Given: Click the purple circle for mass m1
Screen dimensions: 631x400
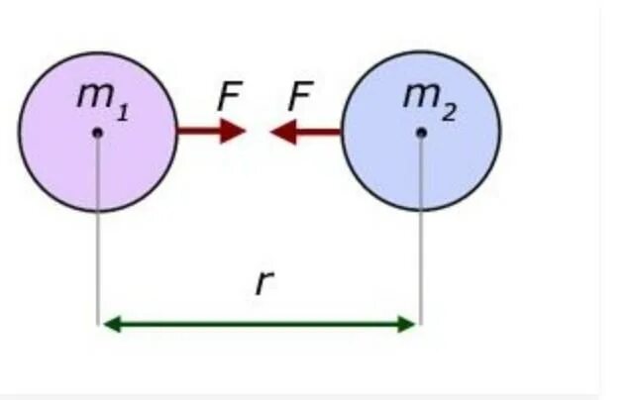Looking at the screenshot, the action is click(x=69, y=163).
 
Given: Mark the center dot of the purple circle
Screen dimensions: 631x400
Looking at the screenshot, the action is click(x=97, y=132).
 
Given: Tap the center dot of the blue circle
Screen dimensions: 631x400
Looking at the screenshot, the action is click(x=421, y=132).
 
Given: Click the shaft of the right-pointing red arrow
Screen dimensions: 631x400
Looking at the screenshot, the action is click(x=198, y=131).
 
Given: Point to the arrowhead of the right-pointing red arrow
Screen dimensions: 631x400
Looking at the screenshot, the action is click(x=233, y=131).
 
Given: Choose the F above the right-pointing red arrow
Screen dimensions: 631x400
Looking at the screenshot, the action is click(x=230, y=97).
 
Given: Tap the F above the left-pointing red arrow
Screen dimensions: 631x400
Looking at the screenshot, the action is click(x=300, y=97).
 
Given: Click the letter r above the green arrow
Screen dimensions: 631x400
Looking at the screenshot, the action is click(x=263, y=283).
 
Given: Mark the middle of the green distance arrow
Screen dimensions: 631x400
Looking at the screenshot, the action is click(x=260, y=323).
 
